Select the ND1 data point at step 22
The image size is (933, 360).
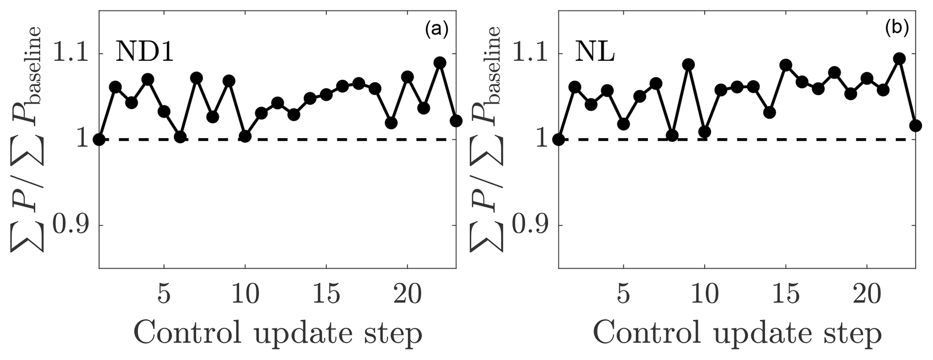[x=440, y=63]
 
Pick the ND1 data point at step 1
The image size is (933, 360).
[x=99, y=139]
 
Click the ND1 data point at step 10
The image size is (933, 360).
[x=245, y=136]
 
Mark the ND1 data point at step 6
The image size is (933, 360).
[x=180, y=137]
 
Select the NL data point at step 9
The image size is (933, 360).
[x=688, y=65]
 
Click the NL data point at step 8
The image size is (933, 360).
[x=672, y=135]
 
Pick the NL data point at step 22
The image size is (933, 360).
[x=900, y=59]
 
